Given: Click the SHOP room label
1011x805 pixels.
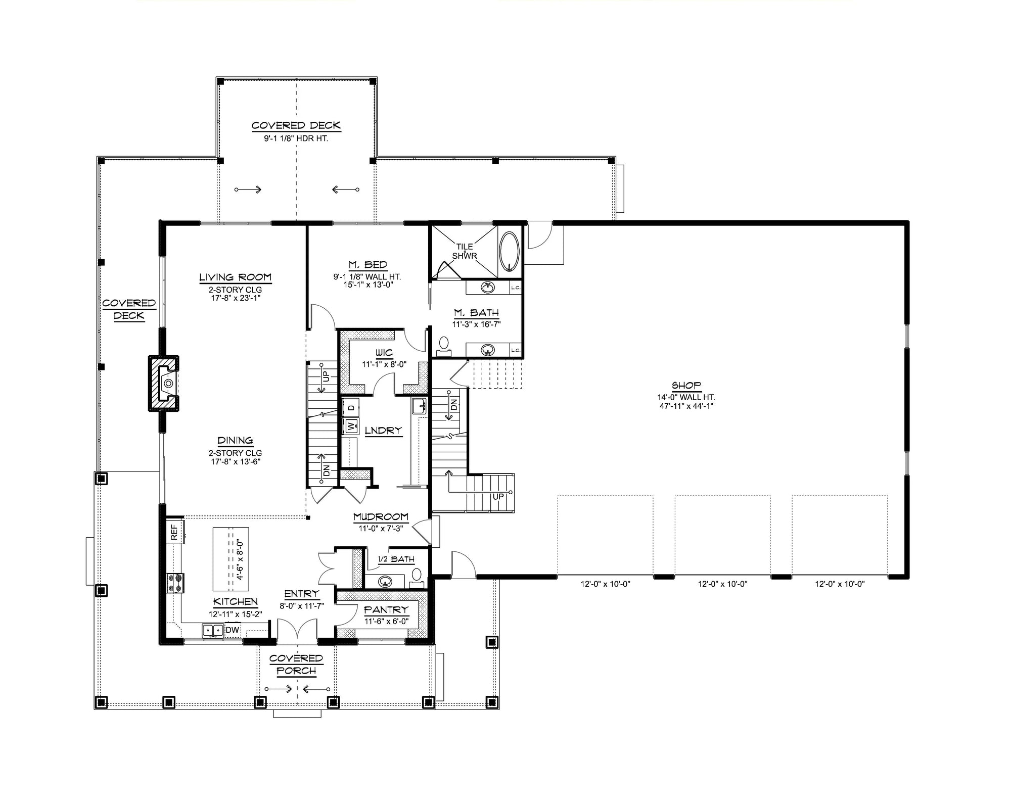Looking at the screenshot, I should [686, 385].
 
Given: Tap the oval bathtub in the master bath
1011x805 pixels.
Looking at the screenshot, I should [509, 252].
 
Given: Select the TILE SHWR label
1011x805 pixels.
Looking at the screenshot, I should [465, 251].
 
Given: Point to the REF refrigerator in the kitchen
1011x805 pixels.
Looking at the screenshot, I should [174, 532].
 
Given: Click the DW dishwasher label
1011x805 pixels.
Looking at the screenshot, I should [232, 630].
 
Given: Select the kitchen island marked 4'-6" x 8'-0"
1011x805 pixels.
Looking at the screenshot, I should [230, 559].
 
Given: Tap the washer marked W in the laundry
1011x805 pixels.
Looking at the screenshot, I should [351, 426].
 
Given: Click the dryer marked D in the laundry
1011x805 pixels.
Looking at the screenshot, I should [351, 406].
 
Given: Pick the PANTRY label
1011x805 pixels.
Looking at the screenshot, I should [386, 610].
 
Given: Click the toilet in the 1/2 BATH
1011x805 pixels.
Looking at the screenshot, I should [417, 577].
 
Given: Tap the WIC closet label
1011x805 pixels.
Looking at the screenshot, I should [384, 353].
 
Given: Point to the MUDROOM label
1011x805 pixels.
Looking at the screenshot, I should [381, 516].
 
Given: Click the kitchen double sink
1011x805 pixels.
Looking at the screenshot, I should [213, 630].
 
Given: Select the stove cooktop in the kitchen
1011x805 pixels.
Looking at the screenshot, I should [177, 582].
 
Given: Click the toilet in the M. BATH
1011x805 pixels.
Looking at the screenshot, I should [444, 344].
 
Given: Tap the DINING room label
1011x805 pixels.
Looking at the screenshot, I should [235, 441].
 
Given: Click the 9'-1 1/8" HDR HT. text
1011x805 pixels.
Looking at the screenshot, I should [296, 138].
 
